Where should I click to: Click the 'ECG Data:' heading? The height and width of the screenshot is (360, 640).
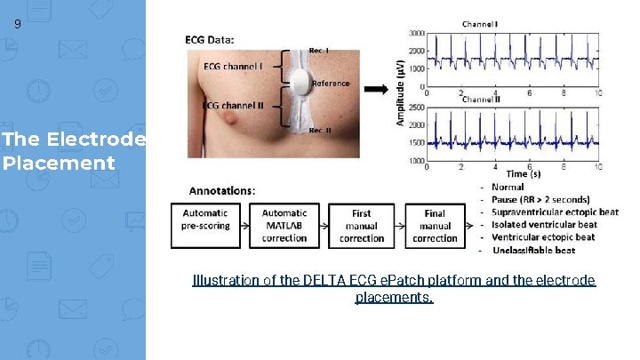pos(210,39)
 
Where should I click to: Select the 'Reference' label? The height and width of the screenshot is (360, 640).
pos(331,84)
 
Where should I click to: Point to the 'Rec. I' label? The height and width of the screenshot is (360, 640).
pos(319,50)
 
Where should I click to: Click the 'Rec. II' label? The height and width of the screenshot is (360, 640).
pos(321,131)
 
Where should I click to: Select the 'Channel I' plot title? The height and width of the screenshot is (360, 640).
pos(480,23)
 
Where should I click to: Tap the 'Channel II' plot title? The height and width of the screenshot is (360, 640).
pos(481,100)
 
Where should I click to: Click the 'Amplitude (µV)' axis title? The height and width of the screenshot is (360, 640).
pos(400,92)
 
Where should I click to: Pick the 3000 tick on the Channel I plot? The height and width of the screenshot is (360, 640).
pos(416,33)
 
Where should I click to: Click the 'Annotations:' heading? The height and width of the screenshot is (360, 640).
pos(222,190)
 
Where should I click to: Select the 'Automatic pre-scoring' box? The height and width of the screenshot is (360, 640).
pos(205,226)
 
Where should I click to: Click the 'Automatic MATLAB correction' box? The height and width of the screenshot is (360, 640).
pos(284,226)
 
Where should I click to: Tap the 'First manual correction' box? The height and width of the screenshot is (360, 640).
pos(362,226)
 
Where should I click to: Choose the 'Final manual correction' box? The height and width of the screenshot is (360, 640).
pos(435,226)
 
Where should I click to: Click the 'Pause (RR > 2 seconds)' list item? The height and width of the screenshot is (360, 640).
pos(546,200)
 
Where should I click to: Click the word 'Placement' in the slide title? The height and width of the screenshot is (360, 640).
pos(59,164)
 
